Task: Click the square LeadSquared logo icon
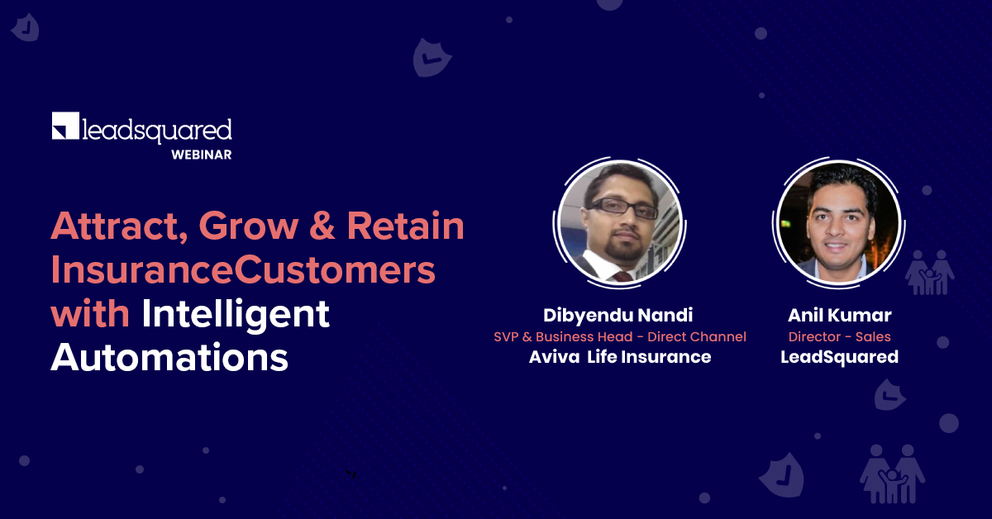pos(65,126)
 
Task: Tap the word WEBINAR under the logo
pos(201,155)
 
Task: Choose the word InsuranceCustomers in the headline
pos(243,271)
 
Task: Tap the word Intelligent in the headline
pos(236,316)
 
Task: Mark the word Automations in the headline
pos(169,359)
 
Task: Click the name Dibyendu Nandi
pos(619,315)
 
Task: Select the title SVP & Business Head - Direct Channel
pos(620,336)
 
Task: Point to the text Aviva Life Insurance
pos(620,357)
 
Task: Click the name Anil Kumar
pos(839,315)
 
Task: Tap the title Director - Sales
pos(839,336)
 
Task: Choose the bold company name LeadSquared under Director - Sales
pos(839,357)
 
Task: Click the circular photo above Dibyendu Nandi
pos(619,222)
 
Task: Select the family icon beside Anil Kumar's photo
pos(929,272)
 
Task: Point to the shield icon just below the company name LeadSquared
pos(889,395)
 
